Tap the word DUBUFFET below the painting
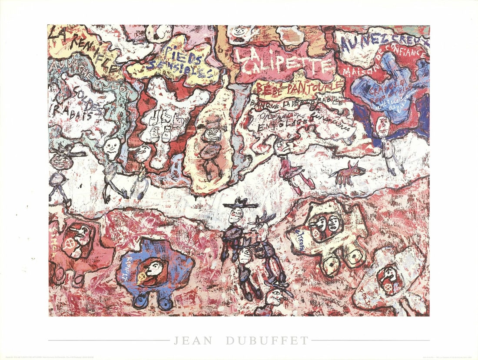(x=265, y=340)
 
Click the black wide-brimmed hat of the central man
(x=240, y=203)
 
